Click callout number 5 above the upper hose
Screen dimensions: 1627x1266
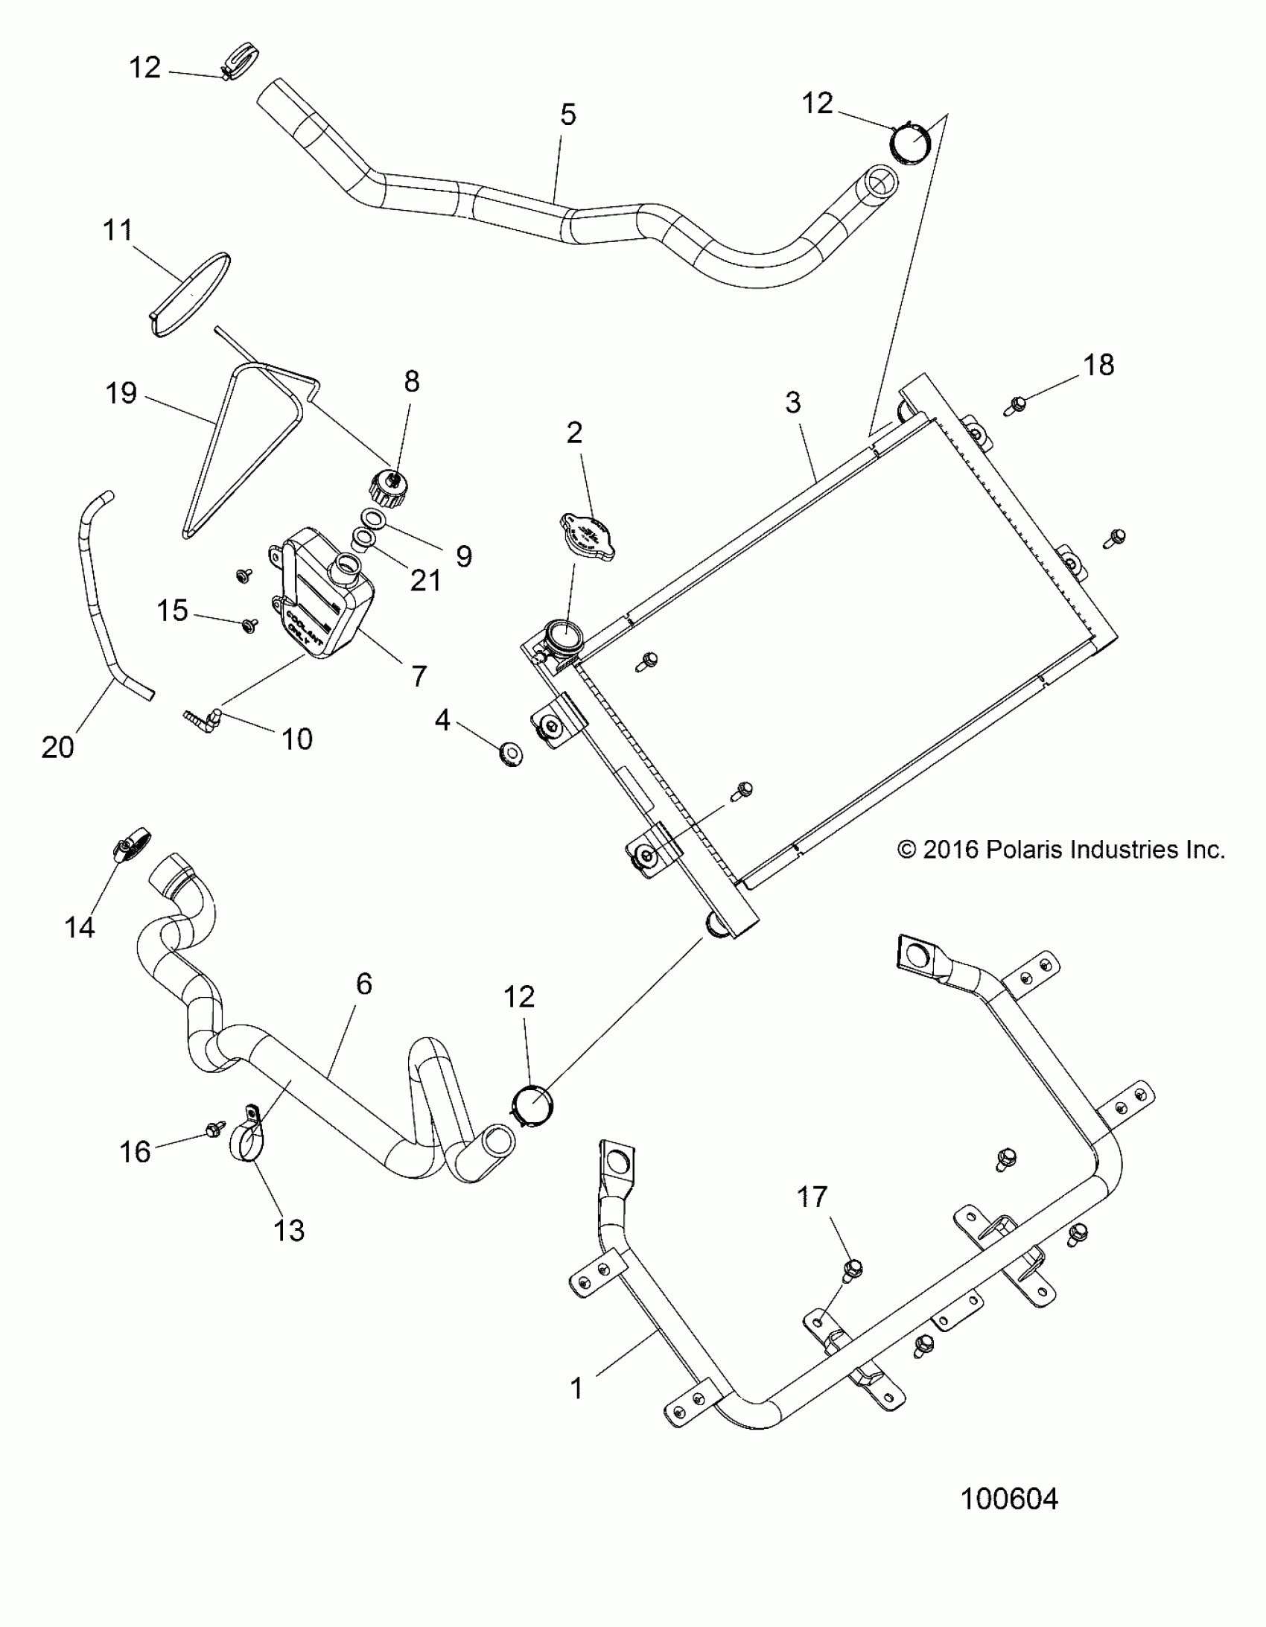567,115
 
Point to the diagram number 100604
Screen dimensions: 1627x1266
1009,1498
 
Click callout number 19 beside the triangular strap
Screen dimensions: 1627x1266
121,392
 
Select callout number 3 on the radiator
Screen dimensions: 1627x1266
793,402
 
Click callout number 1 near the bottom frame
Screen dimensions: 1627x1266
576,1389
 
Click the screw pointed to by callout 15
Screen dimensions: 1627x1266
250,624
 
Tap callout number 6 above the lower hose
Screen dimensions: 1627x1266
363,984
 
